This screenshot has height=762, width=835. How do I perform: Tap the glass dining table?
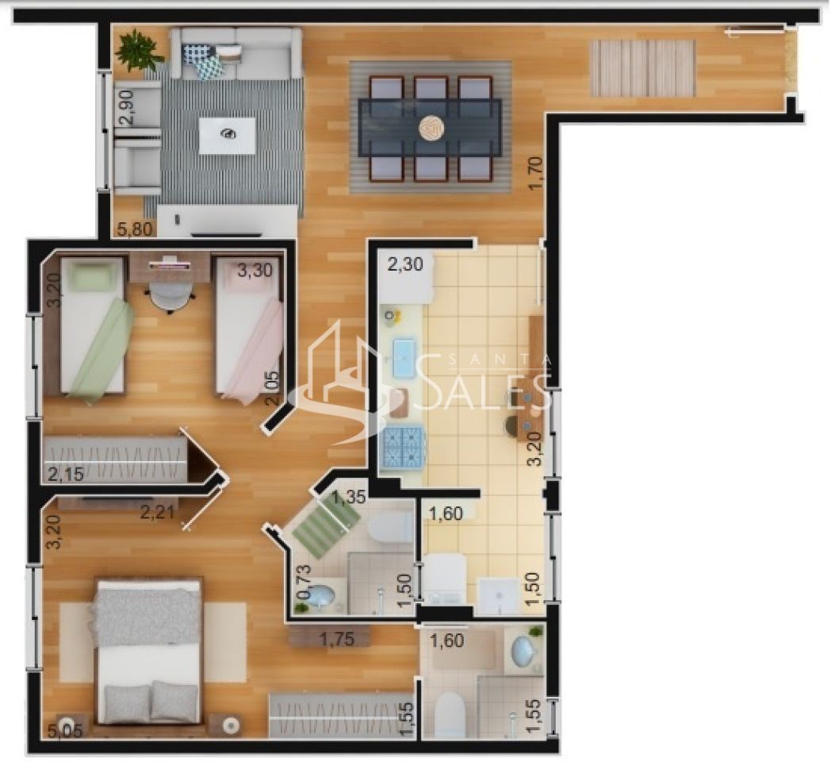click(x=430, y=127)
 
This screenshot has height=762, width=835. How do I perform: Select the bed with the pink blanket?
click(x=249, y=333)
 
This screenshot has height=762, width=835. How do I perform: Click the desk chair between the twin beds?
click(x=171, y=296)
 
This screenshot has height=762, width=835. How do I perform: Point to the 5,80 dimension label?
click(x=136, y=229)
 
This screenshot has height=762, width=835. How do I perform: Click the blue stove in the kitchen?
click(x=404, y=446)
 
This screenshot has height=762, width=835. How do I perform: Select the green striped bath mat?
click(x=326, y=525)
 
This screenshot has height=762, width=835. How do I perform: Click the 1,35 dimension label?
click(x=349, y=498)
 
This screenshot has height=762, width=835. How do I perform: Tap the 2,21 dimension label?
click(x=158, y=513)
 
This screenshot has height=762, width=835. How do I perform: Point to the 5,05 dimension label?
click(x=64, y=731)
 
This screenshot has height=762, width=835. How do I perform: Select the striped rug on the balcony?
click(x=642, y=68)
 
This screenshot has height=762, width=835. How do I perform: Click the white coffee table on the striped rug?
click(x=227, y=135)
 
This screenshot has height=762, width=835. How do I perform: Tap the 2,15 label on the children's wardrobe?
click(x=66, y=475)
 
